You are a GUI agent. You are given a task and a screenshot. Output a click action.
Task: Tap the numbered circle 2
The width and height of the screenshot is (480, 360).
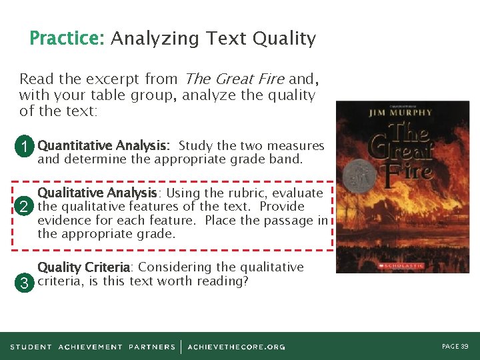click(x=24, y=207)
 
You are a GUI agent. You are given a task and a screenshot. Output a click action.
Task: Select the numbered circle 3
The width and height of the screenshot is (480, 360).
click(x=24, y=283)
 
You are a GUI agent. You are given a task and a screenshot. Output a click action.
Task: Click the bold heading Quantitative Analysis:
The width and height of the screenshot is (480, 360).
click(x=104, y=145)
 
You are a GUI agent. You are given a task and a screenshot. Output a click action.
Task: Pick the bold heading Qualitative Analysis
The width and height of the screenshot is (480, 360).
click(x=97, y=193)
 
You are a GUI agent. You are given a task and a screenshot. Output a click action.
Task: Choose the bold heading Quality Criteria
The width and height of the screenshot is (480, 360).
click(x=83, y=267)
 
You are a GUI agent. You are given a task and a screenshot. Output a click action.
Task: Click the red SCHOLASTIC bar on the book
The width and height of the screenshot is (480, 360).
click(x=401, y=265)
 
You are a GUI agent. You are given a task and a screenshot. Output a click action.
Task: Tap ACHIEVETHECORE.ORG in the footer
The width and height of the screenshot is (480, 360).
click(x=237, y=347)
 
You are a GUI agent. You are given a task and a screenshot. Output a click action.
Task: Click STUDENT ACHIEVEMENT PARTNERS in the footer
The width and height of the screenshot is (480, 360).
click(x=93, y=347)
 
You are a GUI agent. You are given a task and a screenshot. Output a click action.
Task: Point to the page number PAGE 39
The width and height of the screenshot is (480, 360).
click(x=455, y=347)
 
